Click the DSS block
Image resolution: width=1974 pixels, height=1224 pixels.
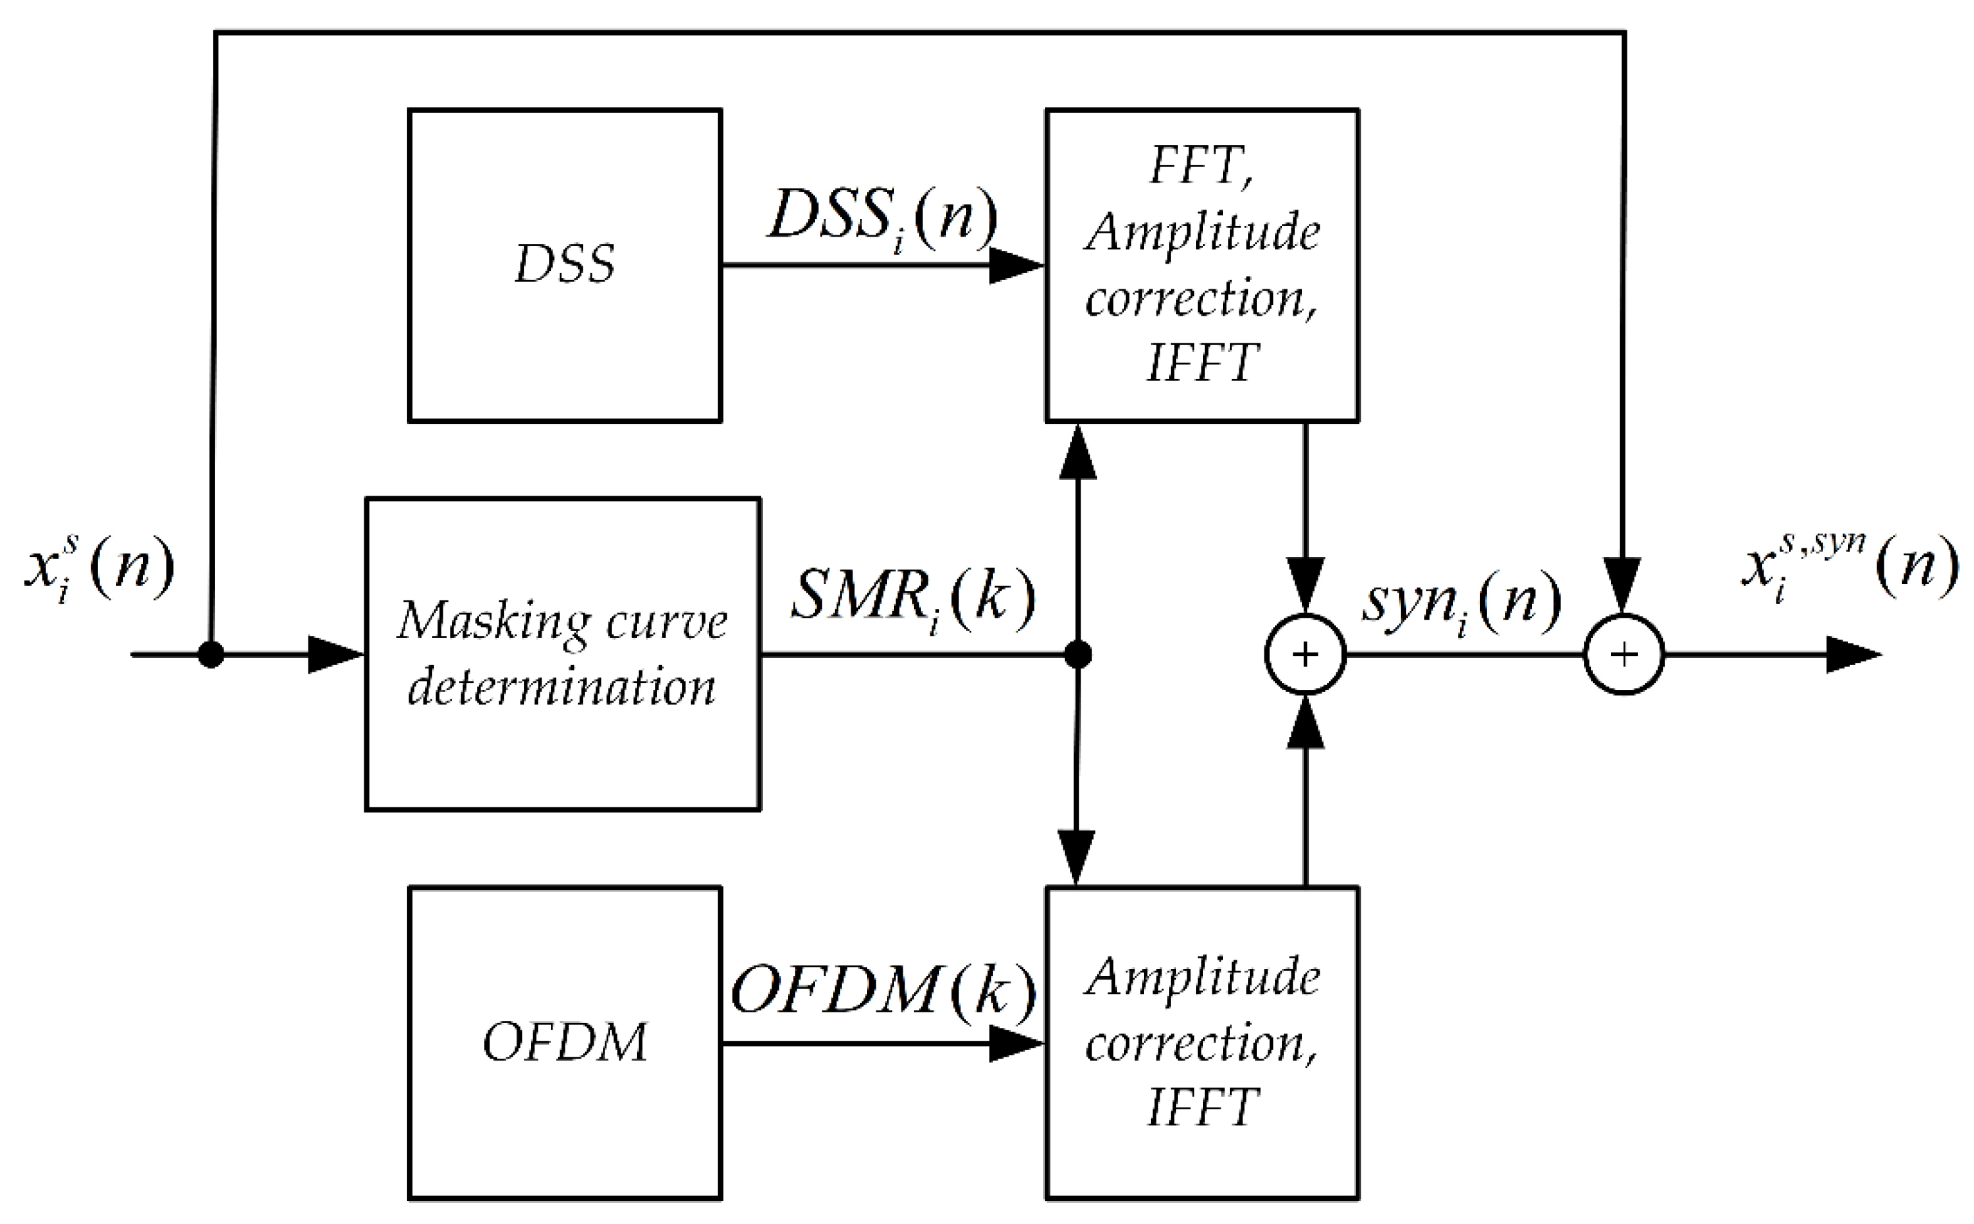(x=564, y=265)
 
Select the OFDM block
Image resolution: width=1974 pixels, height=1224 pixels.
(x=564, y=1043)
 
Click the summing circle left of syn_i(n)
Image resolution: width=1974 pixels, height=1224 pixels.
(x=1305, y=654)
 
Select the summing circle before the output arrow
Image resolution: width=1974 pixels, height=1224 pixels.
(x=1623, y=654)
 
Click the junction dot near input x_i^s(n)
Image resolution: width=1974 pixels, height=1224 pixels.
(x=211, y=654)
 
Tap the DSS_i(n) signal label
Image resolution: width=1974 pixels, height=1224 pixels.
(x=882, y=216)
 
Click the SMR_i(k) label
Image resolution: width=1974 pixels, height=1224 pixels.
(x=913, y=599)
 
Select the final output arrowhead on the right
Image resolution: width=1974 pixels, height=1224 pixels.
(x=1853, y=654)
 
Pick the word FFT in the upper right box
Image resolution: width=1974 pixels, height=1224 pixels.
(x=1200, y=167)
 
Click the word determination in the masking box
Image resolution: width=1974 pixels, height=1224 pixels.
(x=561, y=688)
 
